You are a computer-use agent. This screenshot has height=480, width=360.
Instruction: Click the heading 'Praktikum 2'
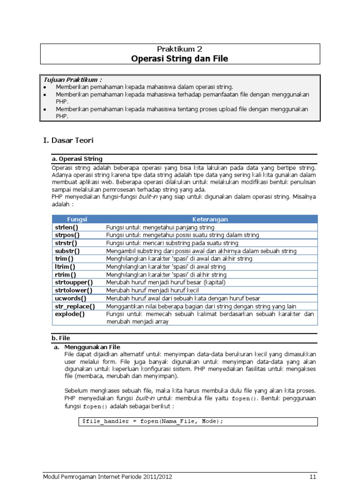coord(180,49)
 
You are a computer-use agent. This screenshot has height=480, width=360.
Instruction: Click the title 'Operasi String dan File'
coord(180,59)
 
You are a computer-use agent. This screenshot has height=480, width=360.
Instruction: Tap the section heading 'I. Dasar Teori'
coord(68,140)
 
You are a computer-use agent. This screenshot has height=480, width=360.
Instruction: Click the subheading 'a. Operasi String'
coord(77,159)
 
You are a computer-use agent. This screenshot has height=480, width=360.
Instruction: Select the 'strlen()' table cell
coord(67,227)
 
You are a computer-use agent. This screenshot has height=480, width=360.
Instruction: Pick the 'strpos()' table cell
coord(67,235)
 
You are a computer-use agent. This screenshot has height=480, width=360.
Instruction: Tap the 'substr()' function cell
coord(67,251)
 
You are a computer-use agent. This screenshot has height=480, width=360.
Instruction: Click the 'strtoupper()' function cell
coord(74,282)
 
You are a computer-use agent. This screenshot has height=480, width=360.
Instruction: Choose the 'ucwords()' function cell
coord(71,298)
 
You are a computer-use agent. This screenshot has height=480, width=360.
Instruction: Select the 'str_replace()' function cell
coord(75,306)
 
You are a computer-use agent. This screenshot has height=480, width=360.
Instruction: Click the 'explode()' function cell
coord(70,314)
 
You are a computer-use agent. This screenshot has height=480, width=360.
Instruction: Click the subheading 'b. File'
coord(60,337)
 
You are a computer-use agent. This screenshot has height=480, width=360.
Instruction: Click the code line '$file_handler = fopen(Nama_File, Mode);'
coord(152,421)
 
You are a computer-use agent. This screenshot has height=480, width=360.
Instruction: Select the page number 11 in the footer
coord(313,476)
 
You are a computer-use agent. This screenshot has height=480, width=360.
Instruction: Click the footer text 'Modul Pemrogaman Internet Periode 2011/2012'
coord(107,476)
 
